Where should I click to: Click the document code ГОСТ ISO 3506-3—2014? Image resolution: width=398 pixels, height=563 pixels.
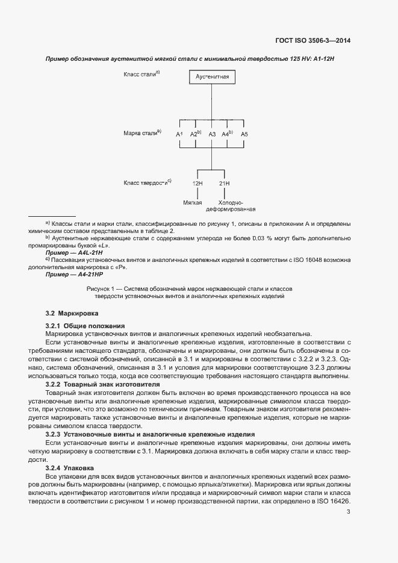(312, 41)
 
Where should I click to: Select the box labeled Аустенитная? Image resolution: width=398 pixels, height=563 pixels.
(211, 78)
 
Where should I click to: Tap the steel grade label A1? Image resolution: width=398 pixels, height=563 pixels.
(179, 134)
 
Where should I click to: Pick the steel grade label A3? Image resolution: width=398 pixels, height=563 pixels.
(212, 134)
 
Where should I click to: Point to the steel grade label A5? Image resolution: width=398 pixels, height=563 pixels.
(244, 134)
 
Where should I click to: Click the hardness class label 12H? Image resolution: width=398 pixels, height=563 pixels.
(197, 183)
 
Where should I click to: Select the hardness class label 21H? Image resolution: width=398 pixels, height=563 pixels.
(224, 183)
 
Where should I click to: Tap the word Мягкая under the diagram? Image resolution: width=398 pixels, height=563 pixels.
(193, 202)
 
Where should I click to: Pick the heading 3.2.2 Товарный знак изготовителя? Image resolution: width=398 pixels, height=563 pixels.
(102, 384)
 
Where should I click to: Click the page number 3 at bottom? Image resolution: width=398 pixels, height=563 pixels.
(348, 512)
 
